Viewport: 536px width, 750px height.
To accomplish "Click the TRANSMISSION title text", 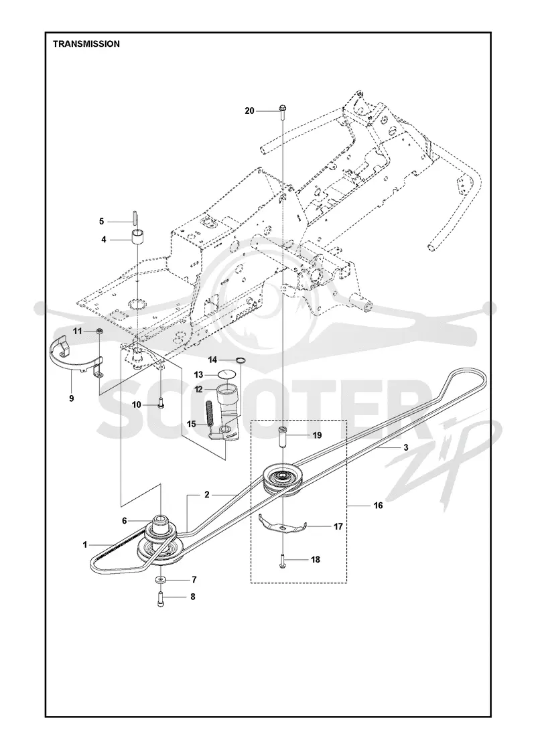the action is [86, 44].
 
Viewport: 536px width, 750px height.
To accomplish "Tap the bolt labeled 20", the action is [282, 111].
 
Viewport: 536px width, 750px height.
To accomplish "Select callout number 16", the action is [378, 505].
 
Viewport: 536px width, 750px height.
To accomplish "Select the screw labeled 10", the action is [161, 402].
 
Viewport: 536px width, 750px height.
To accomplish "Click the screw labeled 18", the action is [283, 560].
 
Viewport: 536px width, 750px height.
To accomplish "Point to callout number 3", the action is [406, 448].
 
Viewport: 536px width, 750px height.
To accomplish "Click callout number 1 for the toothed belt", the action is [85, 544].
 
